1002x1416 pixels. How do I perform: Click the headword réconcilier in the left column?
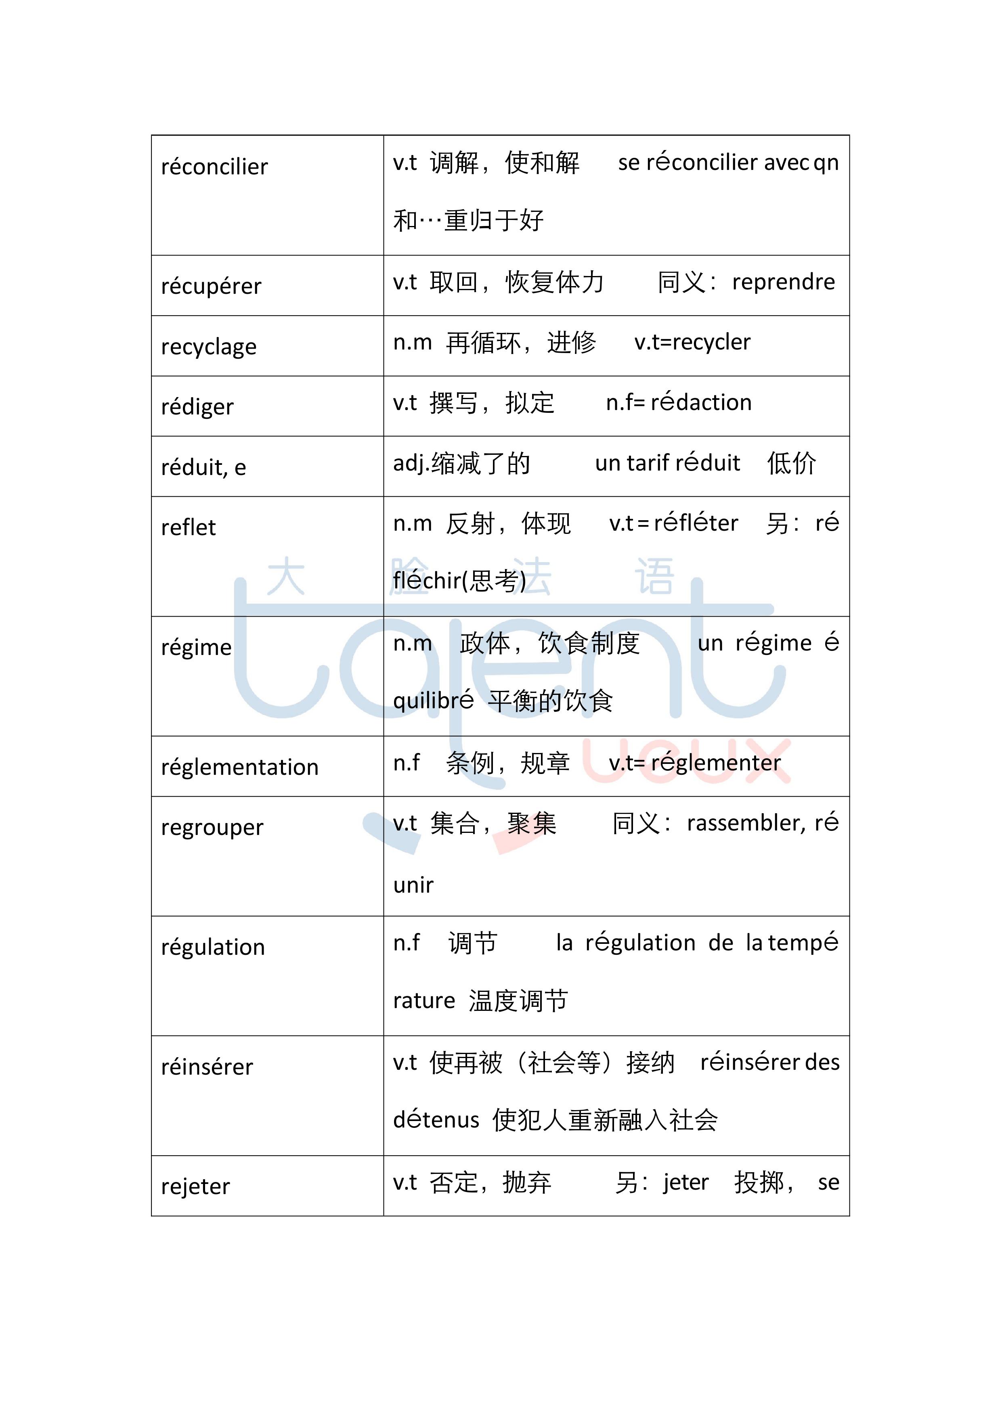click(214, 167)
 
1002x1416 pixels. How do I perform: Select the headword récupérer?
click(211, 286)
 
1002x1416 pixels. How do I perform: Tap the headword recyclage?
click(209, 347)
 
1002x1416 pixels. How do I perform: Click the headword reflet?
click(188, 528)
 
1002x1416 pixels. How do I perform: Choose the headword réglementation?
click(239, 767)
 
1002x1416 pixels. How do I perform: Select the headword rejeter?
click(195, 1186)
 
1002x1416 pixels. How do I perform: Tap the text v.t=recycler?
click(692, 342)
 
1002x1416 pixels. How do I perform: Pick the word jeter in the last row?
click(685, 1182)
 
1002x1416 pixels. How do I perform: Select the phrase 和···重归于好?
click(468, 221)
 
